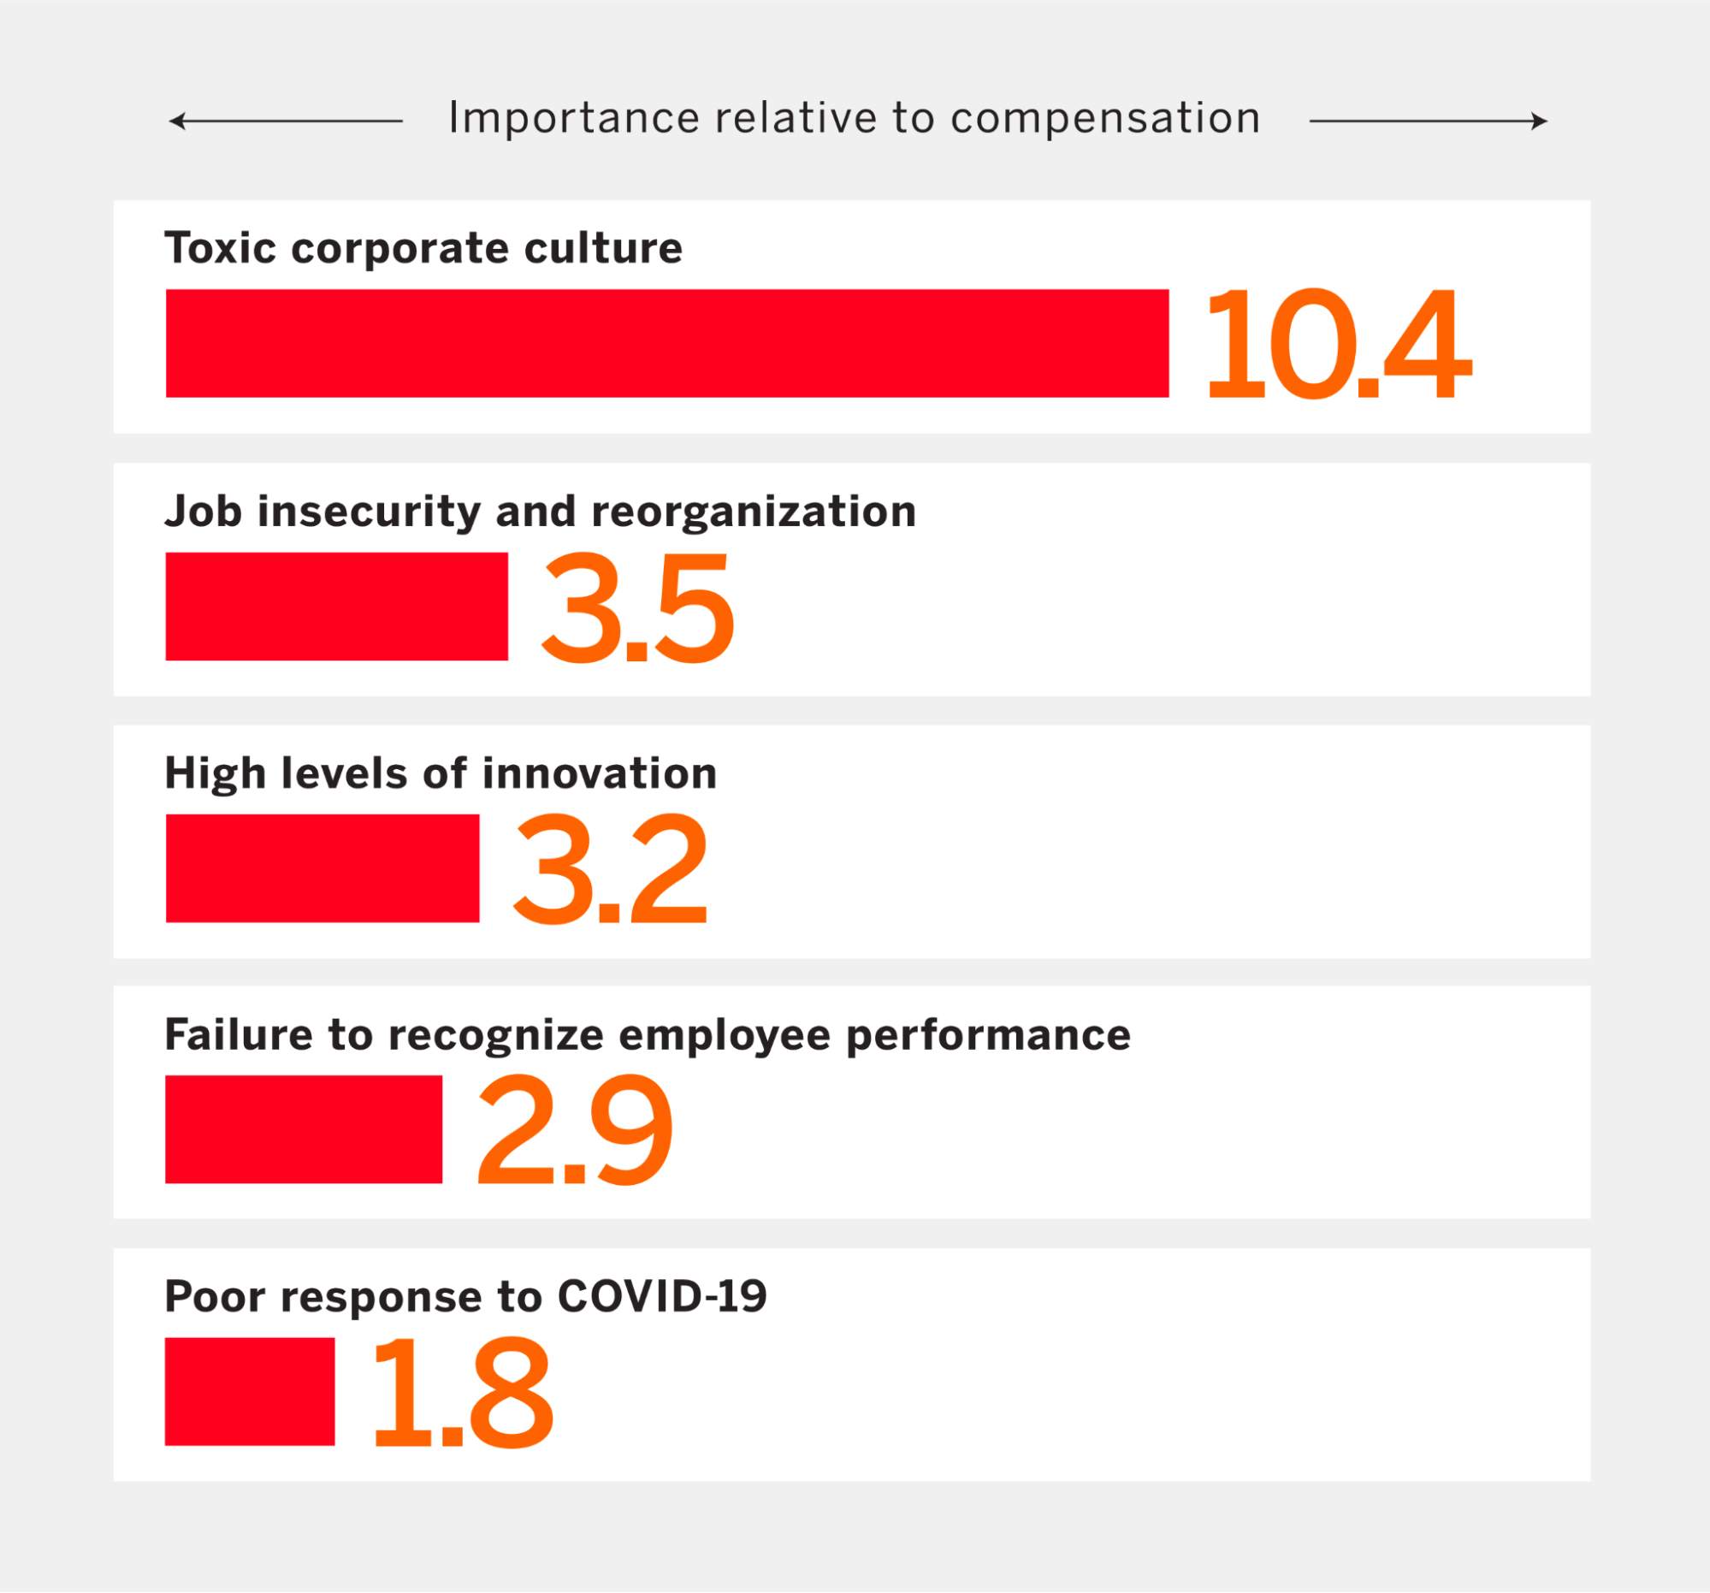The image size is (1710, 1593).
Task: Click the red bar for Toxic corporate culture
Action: [666, 343]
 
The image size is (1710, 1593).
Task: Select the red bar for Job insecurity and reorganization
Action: [336, 607]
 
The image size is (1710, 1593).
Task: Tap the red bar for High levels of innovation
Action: [322, 868]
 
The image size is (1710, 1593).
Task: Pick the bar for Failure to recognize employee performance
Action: [304, 1129]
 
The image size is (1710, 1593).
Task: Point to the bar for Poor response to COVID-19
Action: [250, 1391]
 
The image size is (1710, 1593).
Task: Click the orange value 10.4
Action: [1338, 344]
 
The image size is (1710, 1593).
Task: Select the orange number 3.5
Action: [637, 608]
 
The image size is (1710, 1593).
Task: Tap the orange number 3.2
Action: [610, 869]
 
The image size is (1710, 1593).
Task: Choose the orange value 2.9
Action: [574, 1130]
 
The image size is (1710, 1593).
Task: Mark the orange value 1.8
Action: [462, 1393]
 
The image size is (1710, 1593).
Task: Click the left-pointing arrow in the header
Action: [284, 121]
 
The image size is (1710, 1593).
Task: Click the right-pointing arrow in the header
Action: [1428, 121]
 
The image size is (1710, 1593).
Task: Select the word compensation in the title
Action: [1104, 119]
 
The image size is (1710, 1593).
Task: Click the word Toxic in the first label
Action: [220, 248]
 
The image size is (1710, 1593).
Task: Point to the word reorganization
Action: [754, 511]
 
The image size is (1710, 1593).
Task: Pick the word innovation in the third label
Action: [599, 773]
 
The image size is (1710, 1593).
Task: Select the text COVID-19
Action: [661, 1296]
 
